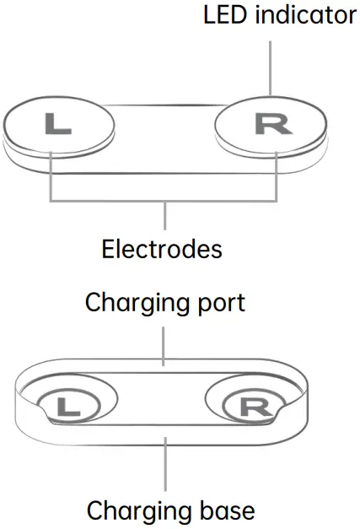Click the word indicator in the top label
pos(304,15)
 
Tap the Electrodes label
pos(162,250)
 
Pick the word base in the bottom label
pos(226,511)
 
